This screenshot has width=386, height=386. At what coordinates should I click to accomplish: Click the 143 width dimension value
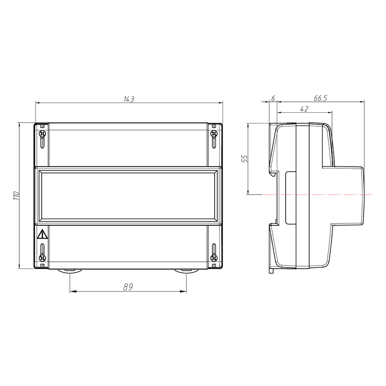click(129, 99)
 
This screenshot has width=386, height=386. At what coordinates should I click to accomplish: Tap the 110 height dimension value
click(16, 195)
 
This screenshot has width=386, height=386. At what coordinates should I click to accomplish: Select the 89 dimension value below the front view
click(128, 287)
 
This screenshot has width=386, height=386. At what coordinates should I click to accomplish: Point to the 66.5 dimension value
click(320, 98)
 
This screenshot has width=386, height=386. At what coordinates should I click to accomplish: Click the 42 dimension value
click(304, 109)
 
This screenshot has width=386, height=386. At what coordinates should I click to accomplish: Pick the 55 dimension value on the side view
click(245, 159)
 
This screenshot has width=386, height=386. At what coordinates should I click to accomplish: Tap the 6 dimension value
click(273, 98)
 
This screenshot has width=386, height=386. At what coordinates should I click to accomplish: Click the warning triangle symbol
click(42, 234)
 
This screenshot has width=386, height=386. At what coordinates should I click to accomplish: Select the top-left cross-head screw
click(42, 134)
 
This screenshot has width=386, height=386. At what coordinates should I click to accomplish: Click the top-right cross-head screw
click(214, 134)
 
